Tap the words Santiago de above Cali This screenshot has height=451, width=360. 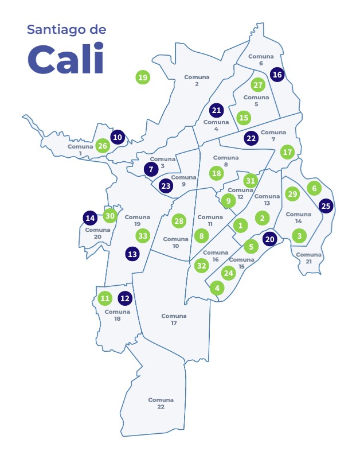coord(66,30)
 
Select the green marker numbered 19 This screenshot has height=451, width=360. coord(143,77)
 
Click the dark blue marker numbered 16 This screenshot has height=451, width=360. coord(277,75)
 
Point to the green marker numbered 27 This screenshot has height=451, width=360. coord(258,85)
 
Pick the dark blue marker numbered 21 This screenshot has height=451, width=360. coord(216,110)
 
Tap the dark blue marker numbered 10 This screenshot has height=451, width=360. coord(118,137)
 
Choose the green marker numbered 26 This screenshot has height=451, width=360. coord(103,146)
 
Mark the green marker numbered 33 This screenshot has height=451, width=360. coord(143,235)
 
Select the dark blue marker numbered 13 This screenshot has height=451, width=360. coord(132,254)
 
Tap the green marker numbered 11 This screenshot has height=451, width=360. coord(104,298)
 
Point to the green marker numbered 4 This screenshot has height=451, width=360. coord(217,288)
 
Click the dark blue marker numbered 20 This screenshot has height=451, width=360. coord(269,239)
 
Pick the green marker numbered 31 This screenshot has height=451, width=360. coord(250,180)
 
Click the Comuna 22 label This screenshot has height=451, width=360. coord(161,403)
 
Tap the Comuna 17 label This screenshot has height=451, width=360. coord(174,319)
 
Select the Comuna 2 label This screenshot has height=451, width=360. coord(197,80)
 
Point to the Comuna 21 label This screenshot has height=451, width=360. coord(308,258)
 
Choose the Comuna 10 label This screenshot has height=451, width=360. coord(175,242)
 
